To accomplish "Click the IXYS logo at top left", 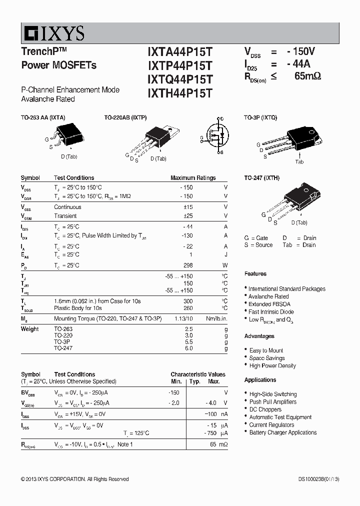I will [53, 33].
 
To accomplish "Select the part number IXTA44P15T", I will [180, 52].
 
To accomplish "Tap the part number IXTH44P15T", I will [180, 93].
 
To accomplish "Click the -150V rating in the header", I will [301, 51].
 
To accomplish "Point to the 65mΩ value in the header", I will [307, 76].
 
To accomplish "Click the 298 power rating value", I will [187, 265].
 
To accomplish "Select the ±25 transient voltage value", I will [187, 216].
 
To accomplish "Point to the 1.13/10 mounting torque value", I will [183, 318].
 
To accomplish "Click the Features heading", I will [255, 274].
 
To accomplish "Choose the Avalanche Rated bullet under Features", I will [269, 296].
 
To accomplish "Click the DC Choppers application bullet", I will [265, 409].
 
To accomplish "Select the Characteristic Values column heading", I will [198, 374].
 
